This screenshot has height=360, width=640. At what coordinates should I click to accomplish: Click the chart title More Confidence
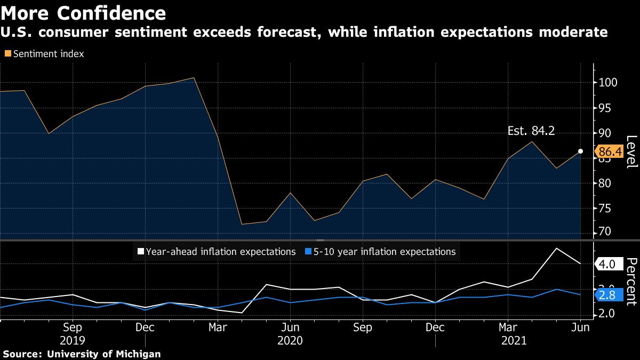(x=83, y=12)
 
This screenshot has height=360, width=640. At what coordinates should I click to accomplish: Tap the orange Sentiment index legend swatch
(x=7, y=54)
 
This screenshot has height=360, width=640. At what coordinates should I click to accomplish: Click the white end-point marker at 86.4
(x=580, y=151)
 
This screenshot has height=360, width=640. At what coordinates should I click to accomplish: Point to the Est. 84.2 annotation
(x=531, y=131)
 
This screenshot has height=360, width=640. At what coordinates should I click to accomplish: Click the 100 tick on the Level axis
(x=608, y=83)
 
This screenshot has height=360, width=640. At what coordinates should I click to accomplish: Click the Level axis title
(x=631, y=152)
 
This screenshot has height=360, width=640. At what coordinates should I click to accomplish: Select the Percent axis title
(x=631, y=281)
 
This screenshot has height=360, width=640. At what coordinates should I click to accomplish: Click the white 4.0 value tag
(x=608, y=263)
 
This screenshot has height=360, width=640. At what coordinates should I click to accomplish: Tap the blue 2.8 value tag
(x=608, y=295)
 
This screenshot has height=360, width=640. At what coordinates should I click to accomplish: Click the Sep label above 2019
(x=73, y=327)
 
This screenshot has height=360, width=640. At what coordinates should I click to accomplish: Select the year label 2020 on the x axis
(x=290, y=340)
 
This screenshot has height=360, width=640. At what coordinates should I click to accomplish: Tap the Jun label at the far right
(x=580, y=327)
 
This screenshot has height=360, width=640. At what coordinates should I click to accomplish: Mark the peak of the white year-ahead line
(x=557, y=248)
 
